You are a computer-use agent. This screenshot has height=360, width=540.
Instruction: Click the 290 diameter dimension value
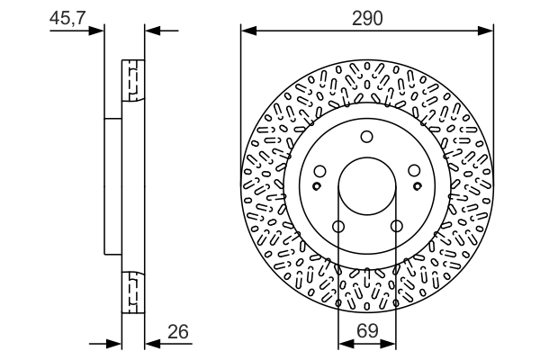point(367,18)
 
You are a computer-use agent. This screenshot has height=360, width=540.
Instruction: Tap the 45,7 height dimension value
point(67,18)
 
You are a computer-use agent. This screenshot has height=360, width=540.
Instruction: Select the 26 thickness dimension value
point(178,332)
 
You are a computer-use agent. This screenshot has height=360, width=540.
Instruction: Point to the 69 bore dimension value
point(367,331)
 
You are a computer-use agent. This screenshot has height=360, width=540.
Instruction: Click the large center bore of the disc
point(367,186)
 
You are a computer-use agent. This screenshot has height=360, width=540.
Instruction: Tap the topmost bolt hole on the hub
point(367,137)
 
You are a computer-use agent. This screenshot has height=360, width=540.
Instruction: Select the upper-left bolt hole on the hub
point(319,171)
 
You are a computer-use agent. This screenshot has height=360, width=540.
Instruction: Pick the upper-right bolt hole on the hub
point(414,170)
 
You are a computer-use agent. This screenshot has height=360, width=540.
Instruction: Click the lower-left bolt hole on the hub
point(338,226)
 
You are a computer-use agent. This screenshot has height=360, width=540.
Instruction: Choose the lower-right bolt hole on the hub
point(396,226)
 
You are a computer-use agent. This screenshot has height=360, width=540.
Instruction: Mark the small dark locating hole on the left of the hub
point(317,186)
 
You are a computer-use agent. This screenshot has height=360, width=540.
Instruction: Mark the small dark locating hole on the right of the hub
point(418,186)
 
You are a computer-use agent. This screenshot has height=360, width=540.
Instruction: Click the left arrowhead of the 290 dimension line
point(248,31)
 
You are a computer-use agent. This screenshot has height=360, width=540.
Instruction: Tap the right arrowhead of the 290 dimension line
point(485,31)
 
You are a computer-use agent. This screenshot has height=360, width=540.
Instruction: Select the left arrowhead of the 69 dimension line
point(346,344)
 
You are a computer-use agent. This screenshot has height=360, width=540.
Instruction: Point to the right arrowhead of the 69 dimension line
point(388,344)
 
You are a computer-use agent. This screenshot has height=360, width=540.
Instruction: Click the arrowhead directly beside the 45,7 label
point(95,31)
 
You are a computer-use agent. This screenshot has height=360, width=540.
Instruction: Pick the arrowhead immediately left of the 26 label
point(153,344)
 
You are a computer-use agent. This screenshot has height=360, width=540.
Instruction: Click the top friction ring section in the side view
point(133,80)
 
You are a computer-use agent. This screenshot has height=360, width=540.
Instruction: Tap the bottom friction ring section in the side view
point(133,292)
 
